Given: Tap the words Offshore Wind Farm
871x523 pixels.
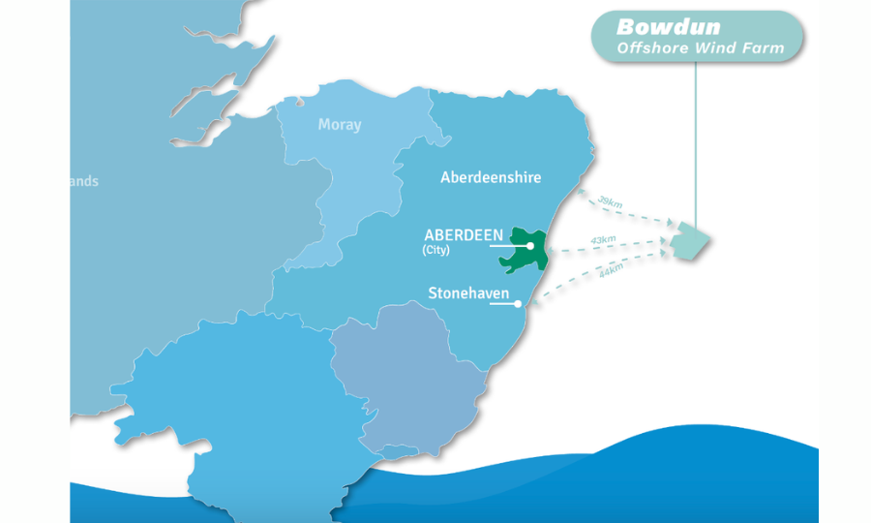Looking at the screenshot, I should [x=701, y=47].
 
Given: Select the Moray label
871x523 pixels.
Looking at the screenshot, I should [x=339, y=125].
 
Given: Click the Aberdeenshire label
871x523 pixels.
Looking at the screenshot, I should [x=491, y=177].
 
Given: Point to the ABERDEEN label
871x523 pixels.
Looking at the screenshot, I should [x=464, y=235].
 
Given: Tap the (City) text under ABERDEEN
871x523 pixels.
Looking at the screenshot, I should [x=435, y=250].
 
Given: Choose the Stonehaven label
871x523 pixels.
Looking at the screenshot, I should [x=468, y=292].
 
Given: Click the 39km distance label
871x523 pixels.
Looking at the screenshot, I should [x=610, y=201].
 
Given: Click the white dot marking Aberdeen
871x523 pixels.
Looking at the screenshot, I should [x=530, y=246].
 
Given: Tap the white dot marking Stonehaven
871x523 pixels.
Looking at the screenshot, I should [x=519, y=304].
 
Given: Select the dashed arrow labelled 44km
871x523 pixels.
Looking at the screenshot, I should [x=600, y=281].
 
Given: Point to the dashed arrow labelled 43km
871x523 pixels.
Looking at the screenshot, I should [x=610, y=251].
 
